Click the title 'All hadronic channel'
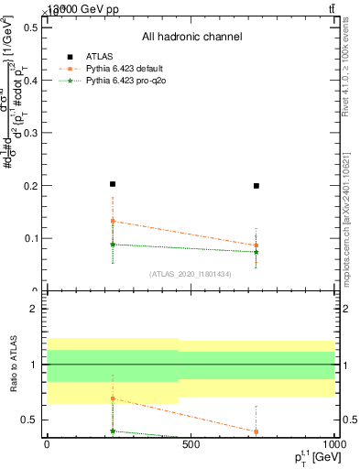point(191,38)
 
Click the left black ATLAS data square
point(113,184)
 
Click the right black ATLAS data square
point(256,186)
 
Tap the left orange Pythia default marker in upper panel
point(113,221)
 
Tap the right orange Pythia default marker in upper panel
point(256,245)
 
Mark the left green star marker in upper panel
point(113,245)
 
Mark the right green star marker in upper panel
point(256,252)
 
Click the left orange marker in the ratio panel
point(113,398)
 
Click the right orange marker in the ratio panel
point(256,431)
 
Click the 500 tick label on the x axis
point(191,446)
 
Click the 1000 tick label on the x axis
point(333,446)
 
